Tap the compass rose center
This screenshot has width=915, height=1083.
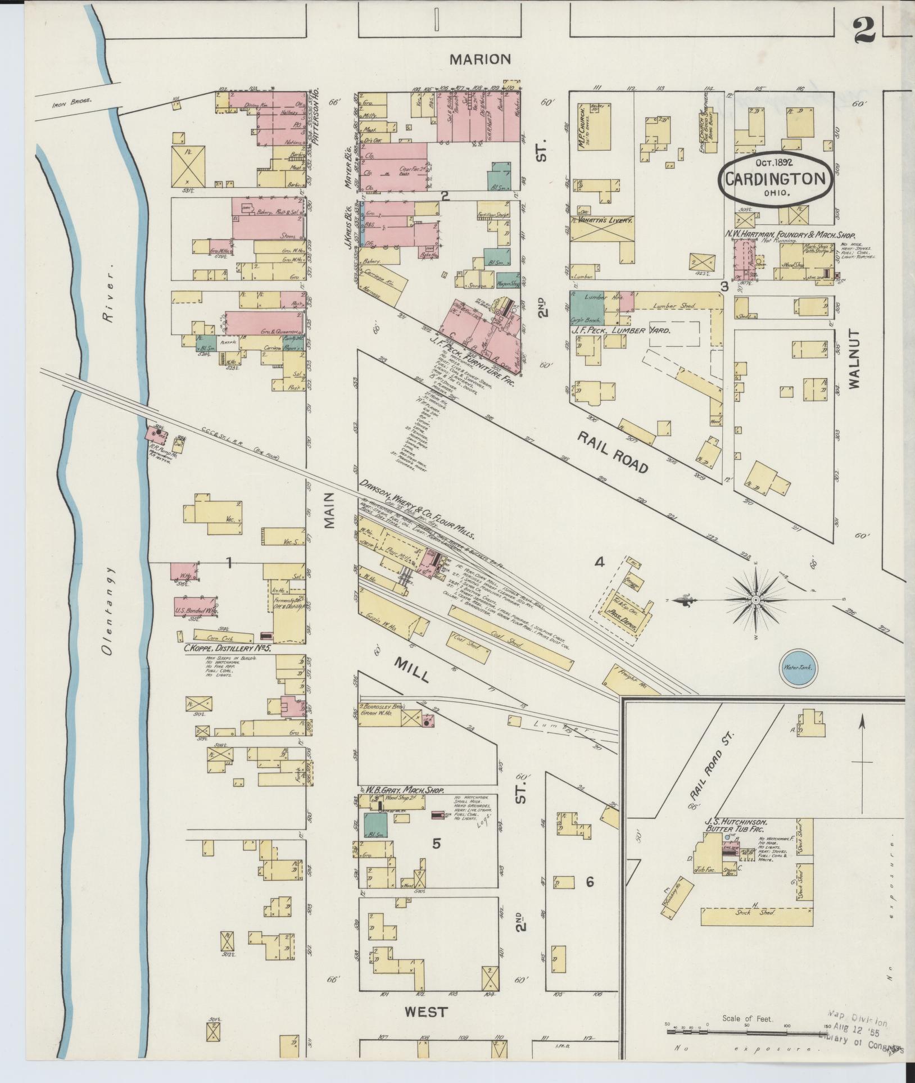click(756, 601)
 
